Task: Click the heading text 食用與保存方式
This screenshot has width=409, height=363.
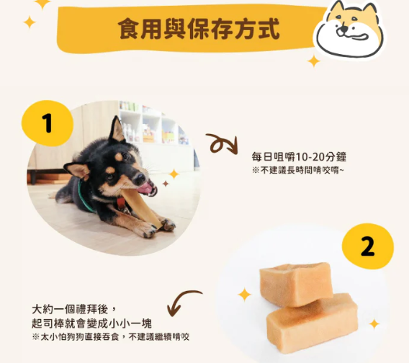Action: (199, 29)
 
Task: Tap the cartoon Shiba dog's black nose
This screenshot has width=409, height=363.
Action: (345, 27)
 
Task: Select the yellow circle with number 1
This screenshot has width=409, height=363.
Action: (48, 123)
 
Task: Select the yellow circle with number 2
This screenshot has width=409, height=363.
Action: (368, 246)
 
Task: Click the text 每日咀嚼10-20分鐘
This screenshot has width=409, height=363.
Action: (299, 157)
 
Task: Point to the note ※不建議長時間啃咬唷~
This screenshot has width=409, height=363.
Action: (298, 171)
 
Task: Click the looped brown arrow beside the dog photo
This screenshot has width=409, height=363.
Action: (223, 144)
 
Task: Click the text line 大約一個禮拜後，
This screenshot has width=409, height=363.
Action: (73, 310)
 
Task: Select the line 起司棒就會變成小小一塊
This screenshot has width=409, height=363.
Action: (92, 323)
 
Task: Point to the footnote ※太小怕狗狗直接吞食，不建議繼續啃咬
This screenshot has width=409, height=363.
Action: (111, 337)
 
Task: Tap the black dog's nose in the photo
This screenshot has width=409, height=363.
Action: (140, 179)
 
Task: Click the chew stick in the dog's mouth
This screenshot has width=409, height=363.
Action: (141, 207)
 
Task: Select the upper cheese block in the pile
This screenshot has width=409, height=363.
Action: (297, 284)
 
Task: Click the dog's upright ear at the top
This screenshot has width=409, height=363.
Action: (117, 130)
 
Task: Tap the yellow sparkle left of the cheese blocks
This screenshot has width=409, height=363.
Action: (245, 295)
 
